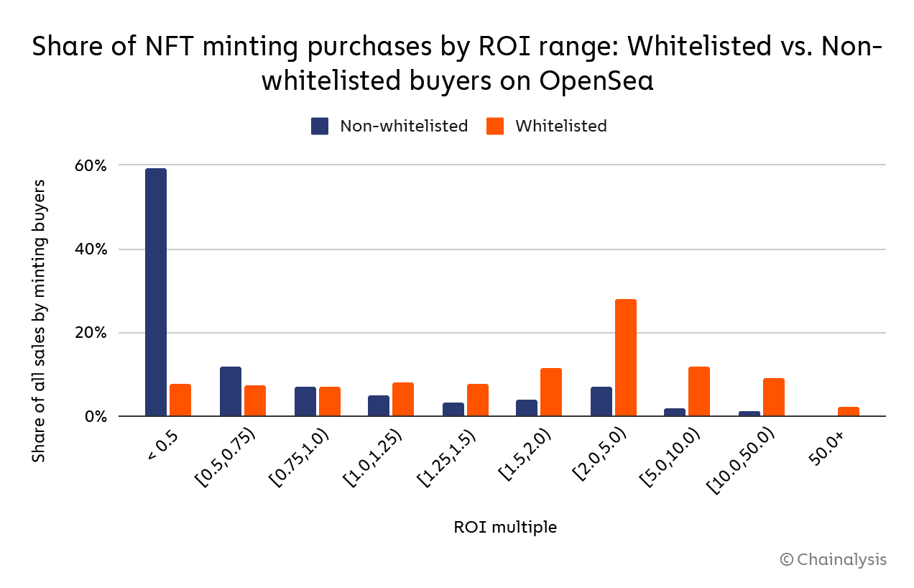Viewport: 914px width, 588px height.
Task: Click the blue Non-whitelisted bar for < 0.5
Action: coord(156,292)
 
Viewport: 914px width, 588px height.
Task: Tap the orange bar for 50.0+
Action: coord(849,412)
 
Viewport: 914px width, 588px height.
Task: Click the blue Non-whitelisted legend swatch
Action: coord(320,127)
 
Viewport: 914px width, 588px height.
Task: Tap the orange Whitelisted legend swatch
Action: coord(495,127)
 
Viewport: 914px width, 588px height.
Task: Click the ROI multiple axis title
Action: coord(504,527)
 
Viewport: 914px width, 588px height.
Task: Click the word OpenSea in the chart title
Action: coord(598,81)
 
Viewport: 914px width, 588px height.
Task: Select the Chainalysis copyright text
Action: coord(834,559)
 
